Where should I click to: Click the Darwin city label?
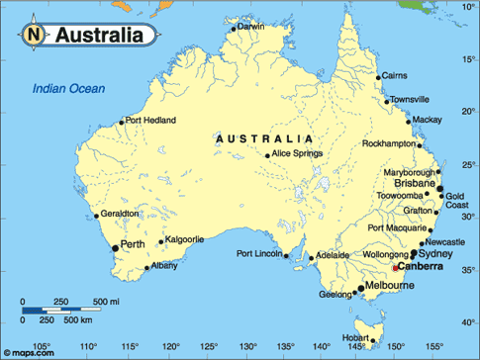(251, 27)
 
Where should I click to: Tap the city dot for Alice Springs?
(267, 154)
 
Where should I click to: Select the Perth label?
(134, 243)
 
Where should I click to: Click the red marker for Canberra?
(396, 268)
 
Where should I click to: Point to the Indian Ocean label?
(68, 88)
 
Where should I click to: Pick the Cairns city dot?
(378, 76)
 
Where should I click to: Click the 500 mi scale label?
(106, 301)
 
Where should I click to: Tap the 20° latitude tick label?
(467, 111)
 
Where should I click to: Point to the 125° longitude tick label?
(210, 347)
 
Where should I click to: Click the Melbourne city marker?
(358, 290)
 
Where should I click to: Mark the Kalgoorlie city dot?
(160, 240)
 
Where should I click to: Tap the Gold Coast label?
(455, 202)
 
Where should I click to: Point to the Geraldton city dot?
(96, 216)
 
